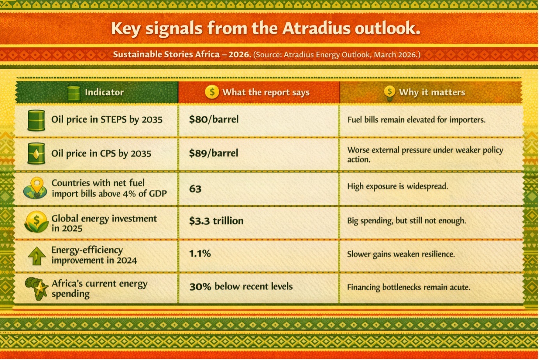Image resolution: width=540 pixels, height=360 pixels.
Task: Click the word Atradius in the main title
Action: tap(316, 29)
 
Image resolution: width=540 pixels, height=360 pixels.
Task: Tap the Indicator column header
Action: tap(104, 92)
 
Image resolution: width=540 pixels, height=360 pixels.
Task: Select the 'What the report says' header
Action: tap(266, 93)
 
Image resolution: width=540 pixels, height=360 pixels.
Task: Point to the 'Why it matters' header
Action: tap(432, 92)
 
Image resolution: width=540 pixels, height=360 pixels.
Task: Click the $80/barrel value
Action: tap(214, 119)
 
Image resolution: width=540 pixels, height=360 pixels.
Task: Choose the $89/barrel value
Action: tap(213, 153)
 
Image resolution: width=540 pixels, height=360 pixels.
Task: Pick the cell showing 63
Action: tap(195, 189)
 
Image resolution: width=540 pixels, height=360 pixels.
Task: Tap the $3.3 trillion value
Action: tap(216, 221)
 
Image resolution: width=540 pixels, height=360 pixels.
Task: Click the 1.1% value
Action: tap(200, 253)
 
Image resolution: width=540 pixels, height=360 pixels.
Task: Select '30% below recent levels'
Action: tap(241, 287)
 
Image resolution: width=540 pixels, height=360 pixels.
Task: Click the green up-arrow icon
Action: tap(37, 256)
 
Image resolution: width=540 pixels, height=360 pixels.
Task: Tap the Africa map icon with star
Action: tap(37, 289)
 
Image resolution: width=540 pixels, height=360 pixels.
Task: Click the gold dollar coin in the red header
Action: tap(212, 92)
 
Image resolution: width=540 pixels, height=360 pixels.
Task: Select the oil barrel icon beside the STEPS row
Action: tap(36, 120)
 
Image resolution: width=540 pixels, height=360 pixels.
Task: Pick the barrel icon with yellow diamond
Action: tap(36, 153)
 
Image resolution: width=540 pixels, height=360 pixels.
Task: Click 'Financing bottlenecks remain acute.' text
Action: tap(409, 287)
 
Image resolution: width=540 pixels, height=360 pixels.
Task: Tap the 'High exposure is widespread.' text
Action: tap(398, 186)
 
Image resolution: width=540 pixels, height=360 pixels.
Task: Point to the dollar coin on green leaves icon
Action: tap(36, 222)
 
